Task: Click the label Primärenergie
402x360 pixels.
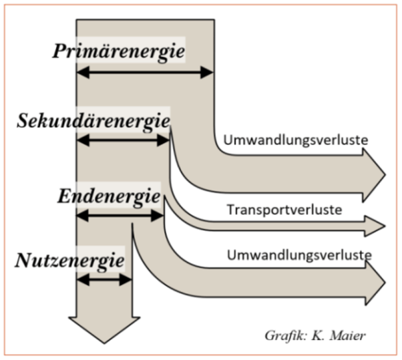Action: (119, 51)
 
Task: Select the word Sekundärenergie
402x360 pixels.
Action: (94, 121)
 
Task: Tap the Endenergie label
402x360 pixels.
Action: (109, 196)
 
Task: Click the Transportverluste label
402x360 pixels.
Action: (285, 210)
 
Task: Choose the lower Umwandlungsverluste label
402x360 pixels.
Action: (299, 254)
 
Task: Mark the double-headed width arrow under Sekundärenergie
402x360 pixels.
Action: (123, 140)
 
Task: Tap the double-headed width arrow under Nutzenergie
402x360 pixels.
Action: (104, 280)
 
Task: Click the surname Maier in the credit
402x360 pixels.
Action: (349, 335)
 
